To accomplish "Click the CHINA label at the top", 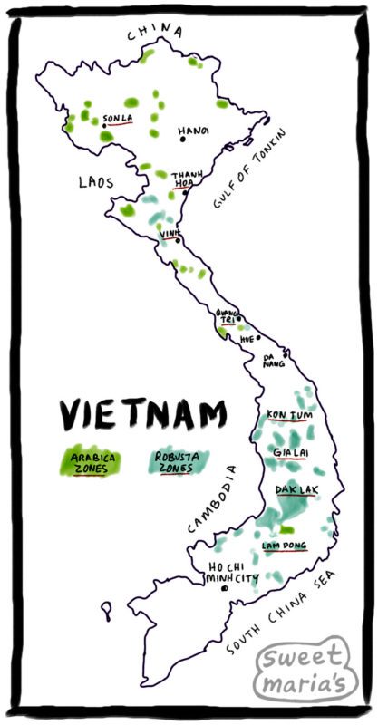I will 154,34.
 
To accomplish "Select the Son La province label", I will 117,119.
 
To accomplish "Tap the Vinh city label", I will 169,234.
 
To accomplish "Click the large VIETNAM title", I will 142,415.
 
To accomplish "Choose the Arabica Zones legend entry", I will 91,463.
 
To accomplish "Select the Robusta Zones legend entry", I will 176,463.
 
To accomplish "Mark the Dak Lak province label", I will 296,490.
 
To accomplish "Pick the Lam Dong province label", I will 284,546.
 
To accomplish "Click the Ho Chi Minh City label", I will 231,571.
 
